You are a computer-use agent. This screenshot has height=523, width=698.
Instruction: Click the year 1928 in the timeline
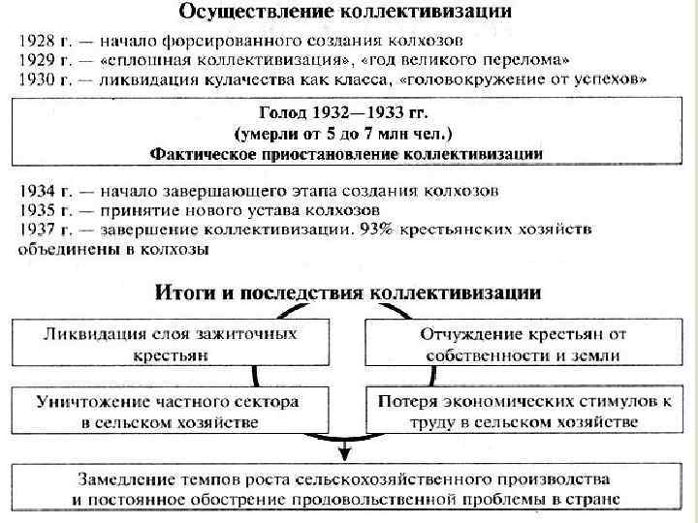click(37, 41)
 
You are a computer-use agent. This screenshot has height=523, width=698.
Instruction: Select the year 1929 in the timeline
click(37, 61)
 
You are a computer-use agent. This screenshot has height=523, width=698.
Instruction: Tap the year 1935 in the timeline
click(37, 208)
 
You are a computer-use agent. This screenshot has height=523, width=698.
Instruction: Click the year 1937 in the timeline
click(37, 230)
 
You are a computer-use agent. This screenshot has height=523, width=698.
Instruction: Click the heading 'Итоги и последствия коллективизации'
click(348, 292)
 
